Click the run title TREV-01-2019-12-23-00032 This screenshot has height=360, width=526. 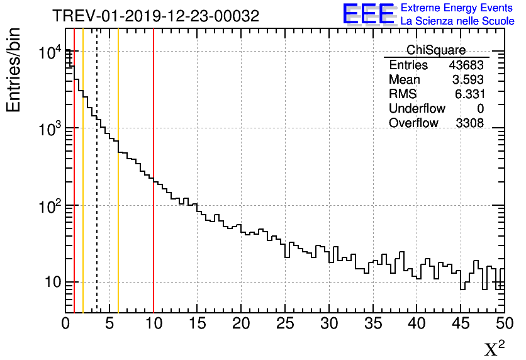[155, 16]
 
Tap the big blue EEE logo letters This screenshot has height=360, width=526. [369, 14]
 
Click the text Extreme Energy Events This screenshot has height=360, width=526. [457, 8]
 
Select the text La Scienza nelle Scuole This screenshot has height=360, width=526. [457, 21]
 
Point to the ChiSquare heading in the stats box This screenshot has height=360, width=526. [436, 50]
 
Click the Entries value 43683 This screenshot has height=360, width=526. [466, 65]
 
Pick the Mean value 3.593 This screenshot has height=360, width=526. [469, 80]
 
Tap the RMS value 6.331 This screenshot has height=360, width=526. [469, 94]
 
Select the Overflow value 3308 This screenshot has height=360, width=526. [469, 123]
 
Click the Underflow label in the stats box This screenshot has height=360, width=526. [417, 109]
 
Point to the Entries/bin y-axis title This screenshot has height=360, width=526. [13, 70]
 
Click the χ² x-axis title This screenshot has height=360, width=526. [494, 348]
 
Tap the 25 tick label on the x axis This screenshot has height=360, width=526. [285, 323]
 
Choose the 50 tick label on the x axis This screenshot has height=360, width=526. [504, 323]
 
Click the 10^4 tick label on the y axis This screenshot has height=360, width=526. [48, 52]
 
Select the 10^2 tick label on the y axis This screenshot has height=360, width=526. [48, 206]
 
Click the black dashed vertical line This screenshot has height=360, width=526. [97, 189]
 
